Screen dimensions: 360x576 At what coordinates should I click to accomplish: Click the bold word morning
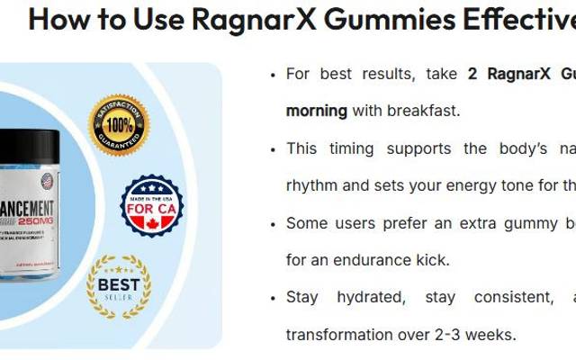coord(316,111)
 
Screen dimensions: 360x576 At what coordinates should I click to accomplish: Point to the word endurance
coord(365,260)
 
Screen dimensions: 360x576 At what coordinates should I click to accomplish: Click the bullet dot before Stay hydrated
coord(273,296)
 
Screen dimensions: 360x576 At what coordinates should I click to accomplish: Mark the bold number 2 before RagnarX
coord(472,74)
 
